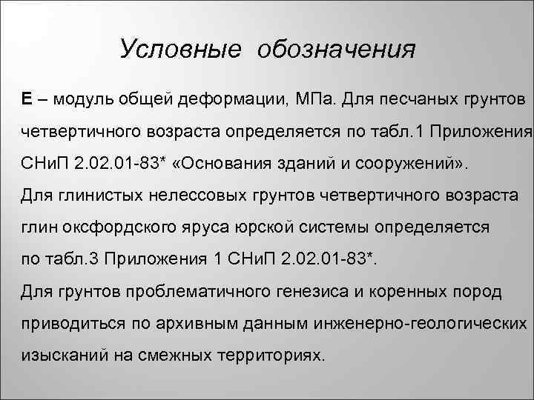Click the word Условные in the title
click(180, 50)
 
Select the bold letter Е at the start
click(26, 99)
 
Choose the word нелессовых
click(211, 196)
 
